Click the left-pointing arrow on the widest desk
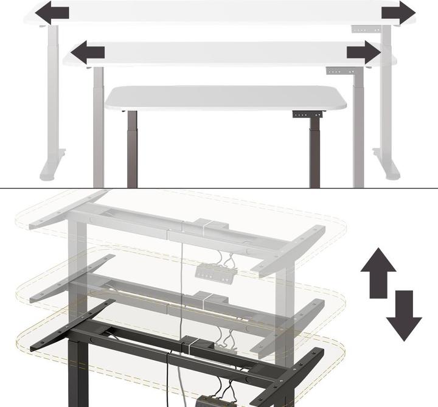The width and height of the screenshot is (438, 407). point(51,12)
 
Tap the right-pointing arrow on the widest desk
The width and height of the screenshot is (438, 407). point(398,12)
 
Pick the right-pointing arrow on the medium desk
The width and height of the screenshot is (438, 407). point(363,52)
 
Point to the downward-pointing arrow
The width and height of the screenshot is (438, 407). point(403,315)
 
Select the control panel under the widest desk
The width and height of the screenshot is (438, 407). point(363,29)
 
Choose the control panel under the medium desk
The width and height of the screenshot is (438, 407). point(339,71)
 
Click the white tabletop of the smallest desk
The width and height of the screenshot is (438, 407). point(225,98)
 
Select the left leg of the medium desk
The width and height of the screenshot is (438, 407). point(98,128)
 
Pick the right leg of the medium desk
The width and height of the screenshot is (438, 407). point(358,128)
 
